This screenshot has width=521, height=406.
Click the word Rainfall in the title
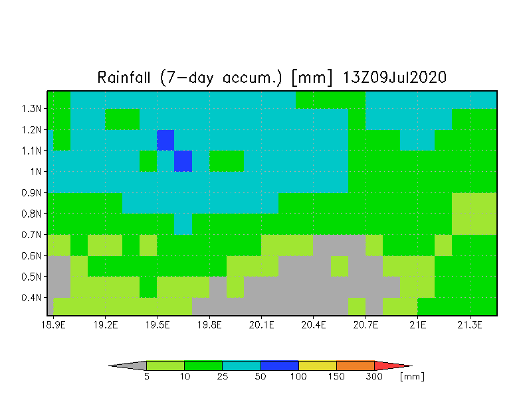(124, 78)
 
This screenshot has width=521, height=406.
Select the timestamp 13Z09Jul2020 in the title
(395, 78)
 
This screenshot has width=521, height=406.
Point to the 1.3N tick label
(31, 109)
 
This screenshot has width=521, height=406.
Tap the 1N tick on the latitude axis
(36, 171)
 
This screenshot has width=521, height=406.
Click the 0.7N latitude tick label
(31, 235)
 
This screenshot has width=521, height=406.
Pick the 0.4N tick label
(31, 297)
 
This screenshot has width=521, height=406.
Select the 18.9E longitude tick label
(53, 325)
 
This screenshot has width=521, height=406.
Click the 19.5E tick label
(157, 325)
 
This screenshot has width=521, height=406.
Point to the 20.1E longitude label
(262, 325)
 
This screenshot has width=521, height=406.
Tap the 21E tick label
(417, 325)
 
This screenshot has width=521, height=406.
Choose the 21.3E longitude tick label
(470, 325)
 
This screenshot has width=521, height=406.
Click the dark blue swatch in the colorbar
(279, 366)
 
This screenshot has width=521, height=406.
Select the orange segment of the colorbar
(355, 366)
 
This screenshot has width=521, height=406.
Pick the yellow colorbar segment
(318, 366)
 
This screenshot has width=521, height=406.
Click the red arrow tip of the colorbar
(412, 366)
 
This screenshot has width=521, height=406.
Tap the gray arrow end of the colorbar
(109, 366)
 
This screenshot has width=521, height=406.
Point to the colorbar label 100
(298, 377)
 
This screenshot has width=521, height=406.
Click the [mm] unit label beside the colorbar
(412, 377)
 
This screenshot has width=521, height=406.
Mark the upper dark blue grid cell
(165, 140)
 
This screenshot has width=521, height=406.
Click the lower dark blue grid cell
(183, 161)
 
